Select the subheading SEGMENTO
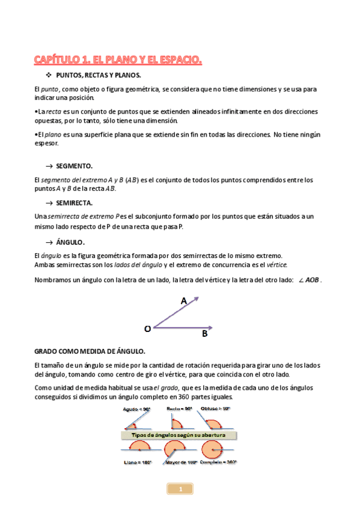point(75,165)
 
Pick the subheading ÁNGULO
point(70,242)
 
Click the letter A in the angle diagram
point(184,300)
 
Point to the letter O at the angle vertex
point(147,328)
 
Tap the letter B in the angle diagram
point(205,333)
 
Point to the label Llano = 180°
point(138,463)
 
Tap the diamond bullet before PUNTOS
point(49,75)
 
